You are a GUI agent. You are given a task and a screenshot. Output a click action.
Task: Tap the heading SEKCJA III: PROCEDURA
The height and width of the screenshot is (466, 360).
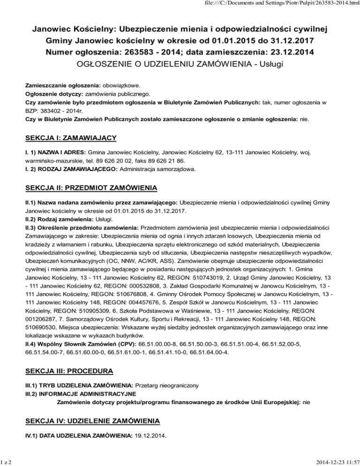tap(69, 371)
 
